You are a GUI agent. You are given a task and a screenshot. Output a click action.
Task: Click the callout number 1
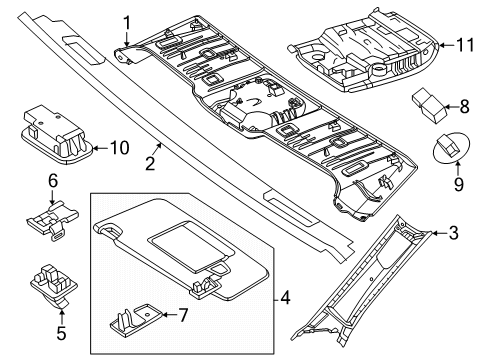127,24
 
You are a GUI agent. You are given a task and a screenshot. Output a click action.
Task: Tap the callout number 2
150,164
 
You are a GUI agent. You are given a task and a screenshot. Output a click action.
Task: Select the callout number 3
454,233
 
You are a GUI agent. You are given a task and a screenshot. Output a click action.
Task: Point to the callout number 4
285,297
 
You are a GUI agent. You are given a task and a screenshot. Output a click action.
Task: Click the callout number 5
61,333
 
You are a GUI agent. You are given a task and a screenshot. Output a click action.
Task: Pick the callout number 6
53,181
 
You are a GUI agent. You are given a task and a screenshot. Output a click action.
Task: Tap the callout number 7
183,315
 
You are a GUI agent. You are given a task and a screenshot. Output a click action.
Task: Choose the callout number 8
464,107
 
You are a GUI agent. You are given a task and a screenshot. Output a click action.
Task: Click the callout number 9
459,184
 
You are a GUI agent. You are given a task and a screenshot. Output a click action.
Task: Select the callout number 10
120,148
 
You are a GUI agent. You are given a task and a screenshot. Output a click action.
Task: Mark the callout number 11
465,45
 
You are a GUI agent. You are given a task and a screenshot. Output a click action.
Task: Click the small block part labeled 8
429,105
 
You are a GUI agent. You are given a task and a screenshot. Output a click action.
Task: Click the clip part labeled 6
53,219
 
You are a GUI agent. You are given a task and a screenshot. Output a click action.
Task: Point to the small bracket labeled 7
136,318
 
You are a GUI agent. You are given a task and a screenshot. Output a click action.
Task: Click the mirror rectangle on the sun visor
191,244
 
